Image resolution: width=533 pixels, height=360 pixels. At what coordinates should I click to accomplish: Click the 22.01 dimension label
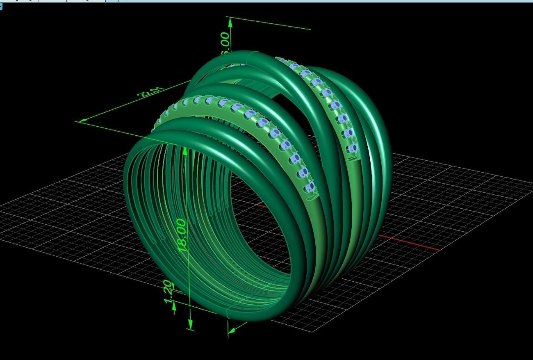click(x=152, y=93)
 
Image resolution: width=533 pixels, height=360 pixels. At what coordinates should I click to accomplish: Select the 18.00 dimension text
click(x=182, y=235)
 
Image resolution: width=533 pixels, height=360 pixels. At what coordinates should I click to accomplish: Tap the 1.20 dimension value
click(x=168, y=292)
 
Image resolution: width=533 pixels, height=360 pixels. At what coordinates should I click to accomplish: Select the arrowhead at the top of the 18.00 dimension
click(x=185, y=151)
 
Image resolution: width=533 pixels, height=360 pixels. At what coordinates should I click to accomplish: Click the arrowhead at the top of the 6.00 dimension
click(x=230, y=23)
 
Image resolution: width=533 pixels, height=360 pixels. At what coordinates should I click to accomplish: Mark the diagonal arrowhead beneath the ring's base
click(x=232, y=329)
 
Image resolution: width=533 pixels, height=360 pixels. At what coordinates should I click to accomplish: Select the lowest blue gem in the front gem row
click(x=310, y=187)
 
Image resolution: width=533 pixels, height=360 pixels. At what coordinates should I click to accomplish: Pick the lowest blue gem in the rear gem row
click(x=352, y=148)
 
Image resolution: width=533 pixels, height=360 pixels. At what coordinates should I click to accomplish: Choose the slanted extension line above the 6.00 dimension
click(x=271, y=24)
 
